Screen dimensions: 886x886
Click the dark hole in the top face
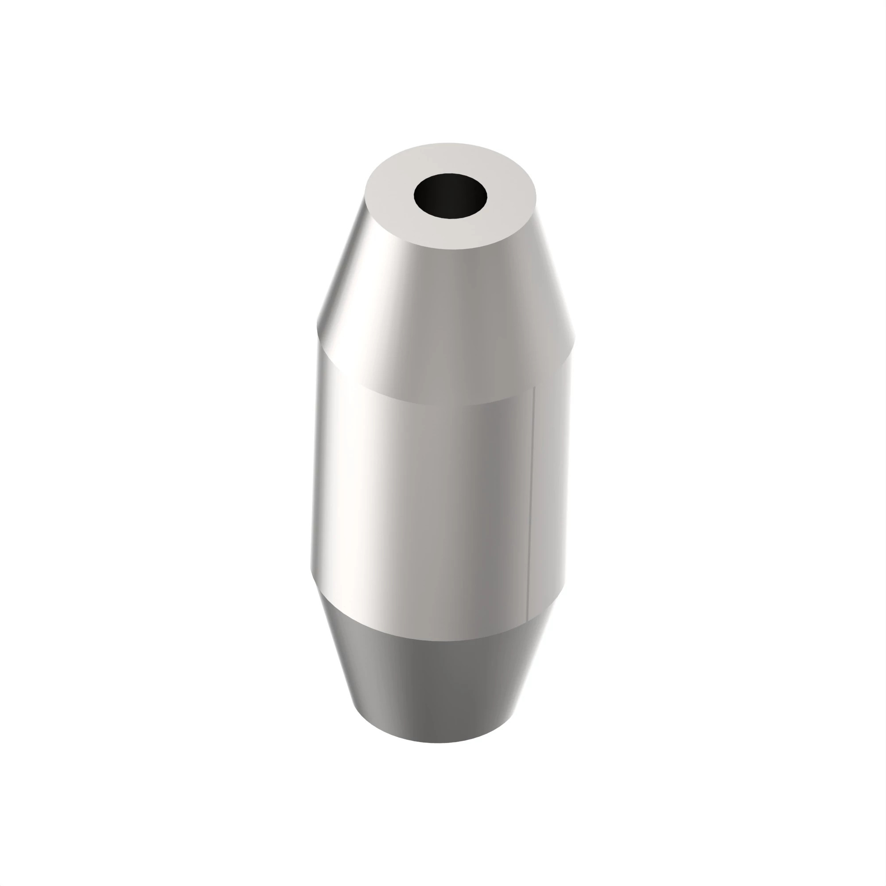[x=450, y=196]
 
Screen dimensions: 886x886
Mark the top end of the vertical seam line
[x=534, y=388]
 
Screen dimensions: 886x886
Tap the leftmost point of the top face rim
[x=365, y=195]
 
